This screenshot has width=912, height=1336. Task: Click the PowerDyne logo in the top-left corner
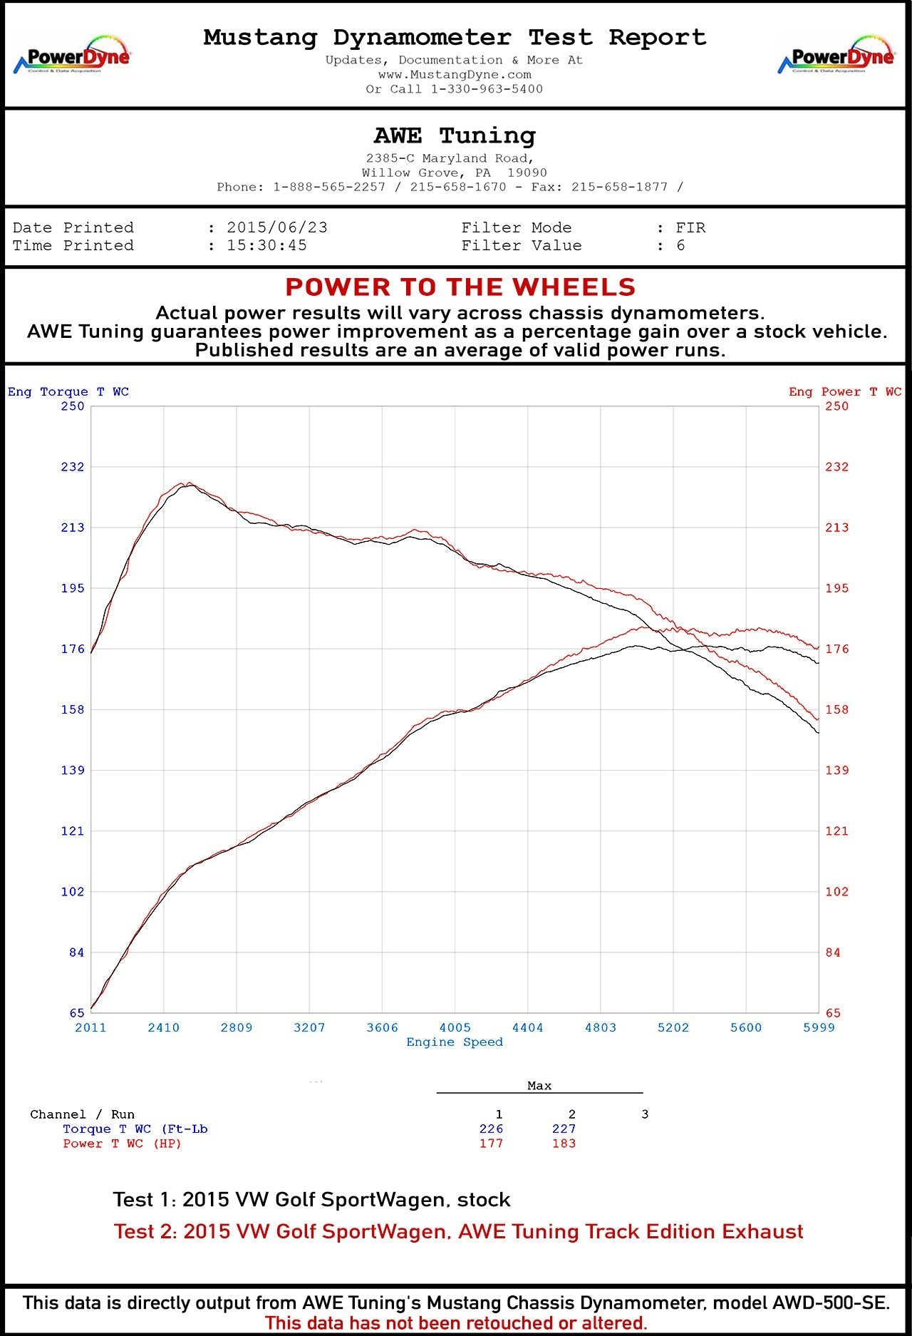(72, 55)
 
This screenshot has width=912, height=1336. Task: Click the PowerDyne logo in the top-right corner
(836, 55)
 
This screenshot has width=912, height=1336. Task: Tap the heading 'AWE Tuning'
(455, 135)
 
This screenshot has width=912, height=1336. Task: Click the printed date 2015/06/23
(277, 227)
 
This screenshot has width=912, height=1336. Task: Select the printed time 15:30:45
(266, 245)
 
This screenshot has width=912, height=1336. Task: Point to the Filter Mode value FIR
(690, 227)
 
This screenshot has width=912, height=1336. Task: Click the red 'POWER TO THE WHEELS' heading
(460, 287)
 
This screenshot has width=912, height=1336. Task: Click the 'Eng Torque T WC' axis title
(68, 391)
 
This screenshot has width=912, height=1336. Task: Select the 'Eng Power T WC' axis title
(845, 391)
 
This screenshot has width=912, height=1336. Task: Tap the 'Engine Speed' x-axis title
(455, 1042)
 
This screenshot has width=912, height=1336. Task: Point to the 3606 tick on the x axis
(383, 1027)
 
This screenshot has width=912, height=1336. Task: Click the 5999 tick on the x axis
(819, 1027)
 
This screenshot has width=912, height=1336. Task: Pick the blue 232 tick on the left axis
(72, 467)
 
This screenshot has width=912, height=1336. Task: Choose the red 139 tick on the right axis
(837, 770)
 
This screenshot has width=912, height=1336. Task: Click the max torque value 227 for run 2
(564, 1129)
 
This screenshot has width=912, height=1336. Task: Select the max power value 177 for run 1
(491, 1144)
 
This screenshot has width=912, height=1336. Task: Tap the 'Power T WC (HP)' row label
(122, 1144)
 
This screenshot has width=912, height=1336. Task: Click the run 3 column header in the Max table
(645, 1114)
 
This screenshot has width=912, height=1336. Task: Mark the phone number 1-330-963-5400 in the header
(487, 89)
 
